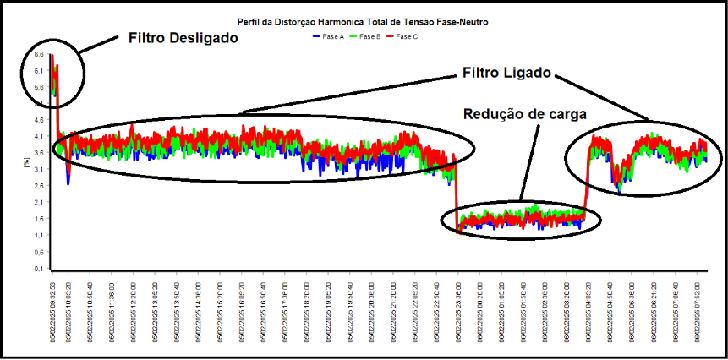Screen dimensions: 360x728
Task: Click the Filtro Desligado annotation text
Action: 183,39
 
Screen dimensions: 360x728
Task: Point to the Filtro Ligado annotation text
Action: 506,74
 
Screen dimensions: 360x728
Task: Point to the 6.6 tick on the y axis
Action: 38,54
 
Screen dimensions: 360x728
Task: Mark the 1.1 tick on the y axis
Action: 38,235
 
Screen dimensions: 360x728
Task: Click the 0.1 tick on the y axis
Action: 38,268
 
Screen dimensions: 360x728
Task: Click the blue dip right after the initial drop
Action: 68,179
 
